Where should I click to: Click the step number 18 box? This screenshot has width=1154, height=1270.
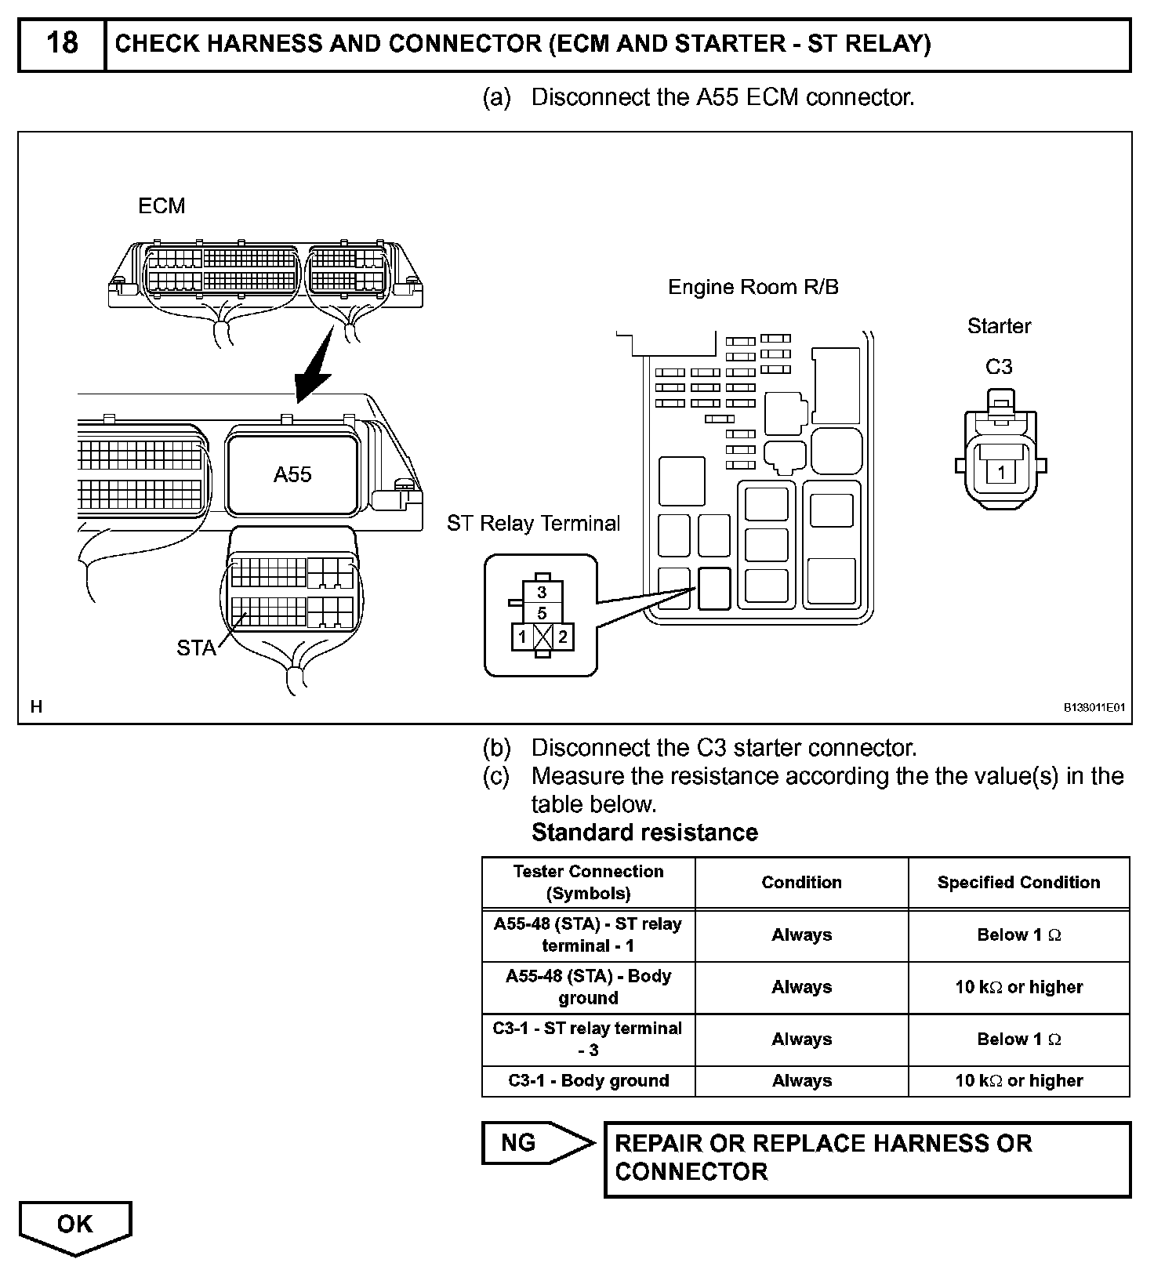[x=62, y=44]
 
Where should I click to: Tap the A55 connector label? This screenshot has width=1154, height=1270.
[x=292, y=474]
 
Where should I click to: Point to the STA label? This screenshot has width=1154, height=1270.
[x=195, y=648]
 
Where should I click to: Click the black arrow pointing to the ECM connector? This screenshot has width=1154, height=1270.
[x=316, y=365]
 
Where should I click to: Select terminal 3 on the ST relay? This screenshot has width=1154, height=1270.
[x=542, y=593]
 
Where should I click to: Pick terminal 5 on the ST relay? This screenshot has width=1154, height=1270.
[x=542, y=613]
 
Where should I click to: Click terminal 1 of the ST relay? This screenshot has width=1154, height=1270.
[x=522, y=637]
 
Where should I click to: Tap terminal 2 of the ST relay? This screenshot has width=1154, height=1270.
[x=562, y=637]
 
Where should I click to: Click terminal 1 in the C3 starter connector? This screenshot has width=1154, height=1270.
[x=1001, y=473]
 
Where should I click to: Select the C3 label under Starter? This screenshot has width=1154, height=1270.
[x=999, y=366]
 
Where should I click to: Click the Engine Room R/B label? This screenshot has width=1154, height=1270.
[x=753, y=287]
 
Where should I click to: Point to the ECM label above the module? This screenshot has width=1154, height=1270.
[x=161, y=205]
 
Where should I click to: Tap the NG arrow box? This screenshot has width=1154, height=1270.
[x=536, y=1143]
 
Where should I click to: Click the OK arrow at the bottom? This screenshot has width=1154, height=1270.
[x=75, y=1226]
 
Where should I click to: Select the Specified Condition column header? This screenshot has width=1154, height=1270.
[x=1018, y=883]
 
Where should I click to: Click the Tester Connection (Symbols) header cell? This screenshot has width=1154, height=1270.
[x=588, y=883]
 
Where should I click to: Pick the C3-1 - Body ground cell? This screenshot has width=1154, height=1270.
[x=588, y=1081]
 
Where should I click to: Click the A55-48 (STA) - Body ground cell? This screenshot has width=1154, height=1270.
[x=588, y=987]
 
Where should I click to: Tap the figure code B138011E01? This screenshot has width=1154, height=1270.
[x=1094, y=707]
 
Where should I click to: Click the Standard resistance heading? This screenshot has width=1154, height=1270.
[x=644, y=833]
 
